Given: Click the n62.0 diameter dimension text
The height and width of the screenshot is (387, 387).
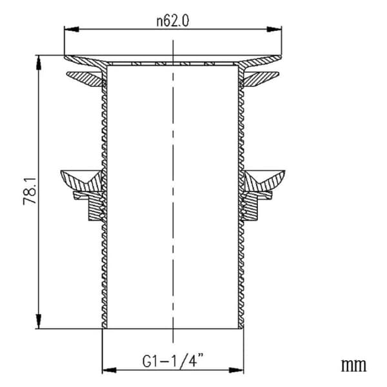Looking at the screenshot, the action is click(173, 21).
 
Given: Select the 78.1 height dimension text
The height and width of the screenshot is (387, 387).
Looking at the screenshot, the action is click(30, 192).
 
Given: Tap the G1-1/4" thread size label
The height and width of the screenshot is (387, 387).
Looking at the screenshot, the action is click(173, 361).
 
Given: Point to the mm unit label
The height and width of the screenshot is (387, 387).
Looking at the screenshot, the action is click(353, 366).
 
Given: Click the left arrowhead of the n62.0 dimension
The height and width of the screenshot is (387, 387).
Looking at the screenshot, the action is click(72, 29).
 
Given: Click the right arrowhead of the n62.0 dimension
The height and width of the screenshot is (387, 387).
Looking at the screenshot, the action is click(274, 29).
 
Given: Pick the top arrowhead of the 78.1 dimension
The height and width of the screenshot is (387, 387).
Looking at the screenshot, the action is click(38, 63).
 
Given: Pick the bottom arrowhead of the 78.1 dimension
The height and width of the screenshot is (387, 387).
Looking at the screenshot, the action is click(38, 321).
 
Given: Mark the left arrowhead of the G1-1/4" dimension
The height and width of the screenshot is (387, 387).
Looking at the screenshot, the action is click(110, 370).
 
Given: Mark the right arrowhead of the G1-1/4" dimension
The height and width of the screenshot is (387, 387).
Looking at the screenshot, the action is click(236, 370).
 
